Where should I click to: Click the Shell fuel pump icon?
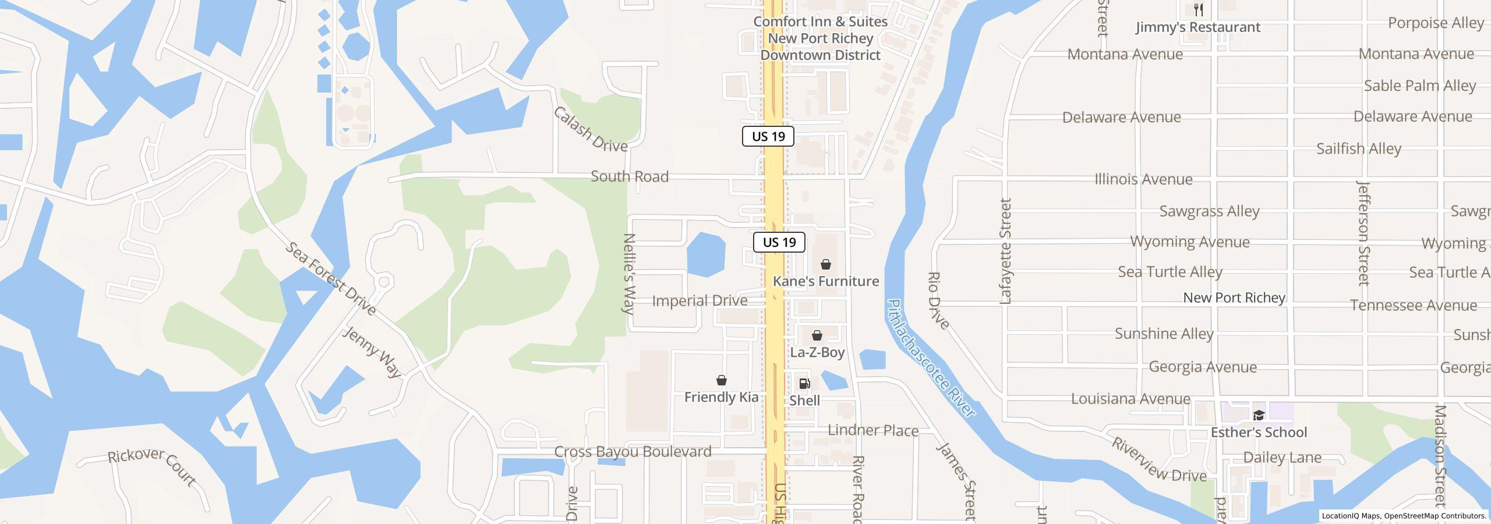click(804, 384)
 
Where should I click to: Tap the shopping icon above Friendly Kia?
click(722, 380)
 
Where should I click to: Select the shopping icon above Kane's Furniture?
click(825, 264)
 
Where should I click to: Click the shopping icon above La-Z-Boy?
click(817, 335)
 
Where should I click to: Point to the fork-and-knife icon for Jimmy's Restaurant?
click(1199, 10)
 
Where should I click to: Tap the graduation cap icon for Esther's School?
click(1259, 415)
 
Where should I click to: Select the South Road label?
click(630, 176)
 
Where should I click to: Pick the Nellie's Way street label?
click(629, 274)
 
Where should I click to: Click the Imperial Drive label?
click(699, 301)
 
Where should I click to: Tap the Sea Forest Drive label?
click(330, 279)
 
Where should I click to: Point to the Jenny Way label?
click(372, 352)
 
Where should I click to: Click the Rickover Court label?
click(152, 466)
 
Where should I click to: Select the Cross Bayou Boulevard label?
click(633, 452)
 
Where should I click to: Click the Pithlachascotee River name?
click(930, 359)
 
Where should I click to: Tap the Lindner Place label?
click(872, 431)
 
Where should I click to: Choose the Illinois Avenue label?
click(1143, 179)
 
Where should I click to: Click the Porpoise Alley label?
click(1436, 23)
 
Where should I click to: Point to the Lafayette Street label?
click(1006, 251)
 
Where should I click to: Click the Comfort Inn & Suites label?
click(820, 22)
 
